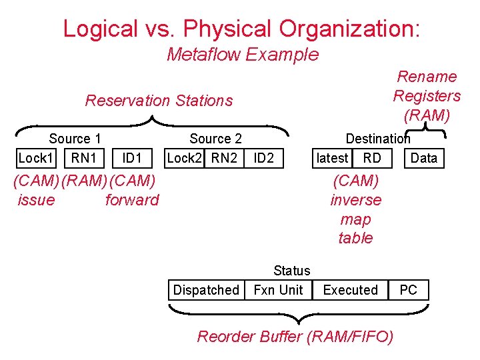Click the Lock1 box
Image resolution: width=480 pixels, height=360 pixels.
[x=35, y=158]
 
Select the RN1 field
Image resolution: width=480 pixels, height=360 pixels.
[x=84, y=158]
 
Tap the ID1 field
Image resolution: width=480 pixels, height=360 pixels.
[x=132, y=158]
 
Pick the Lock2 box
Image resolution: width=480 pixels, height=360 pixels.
[x=184, y=158]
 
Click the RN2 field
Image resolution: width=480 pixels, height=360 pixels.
[x=223, y=158]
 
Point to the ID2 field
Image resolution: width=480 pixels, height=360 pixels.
[x=264, y=158]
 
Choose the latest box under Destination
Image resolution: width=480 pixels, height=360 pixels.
[x=332, y=158]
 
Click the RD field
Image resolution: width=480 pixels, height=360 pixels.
[x=372, y=158]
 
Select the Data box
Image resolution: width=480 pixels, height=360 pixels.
[x=424, y=158]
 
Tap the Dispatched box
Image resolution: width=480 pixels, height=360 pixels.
[x=206, y=290]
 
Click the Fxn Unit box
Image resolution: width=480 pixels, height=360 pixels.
[x=278, y=290]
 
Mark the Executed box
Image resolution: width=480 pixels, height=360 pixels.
[x=350, y=290]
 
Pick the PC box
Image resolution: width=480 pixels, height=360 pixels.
[x=408, y=290]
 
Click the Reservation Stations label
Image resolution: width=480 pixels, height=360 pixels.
[x=159, y=101]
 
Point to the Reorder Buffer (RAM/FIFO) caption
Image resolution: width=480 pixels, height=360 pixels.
[x=295, y=337]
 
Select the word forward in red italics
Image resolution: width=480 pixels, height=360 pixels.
[x=132, y=200]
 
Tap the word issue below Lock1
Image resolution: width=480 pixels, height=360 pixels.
[x=37, y=200]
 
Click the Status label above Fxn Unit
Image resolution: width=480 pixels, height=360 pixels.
[x=292, y=271]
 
